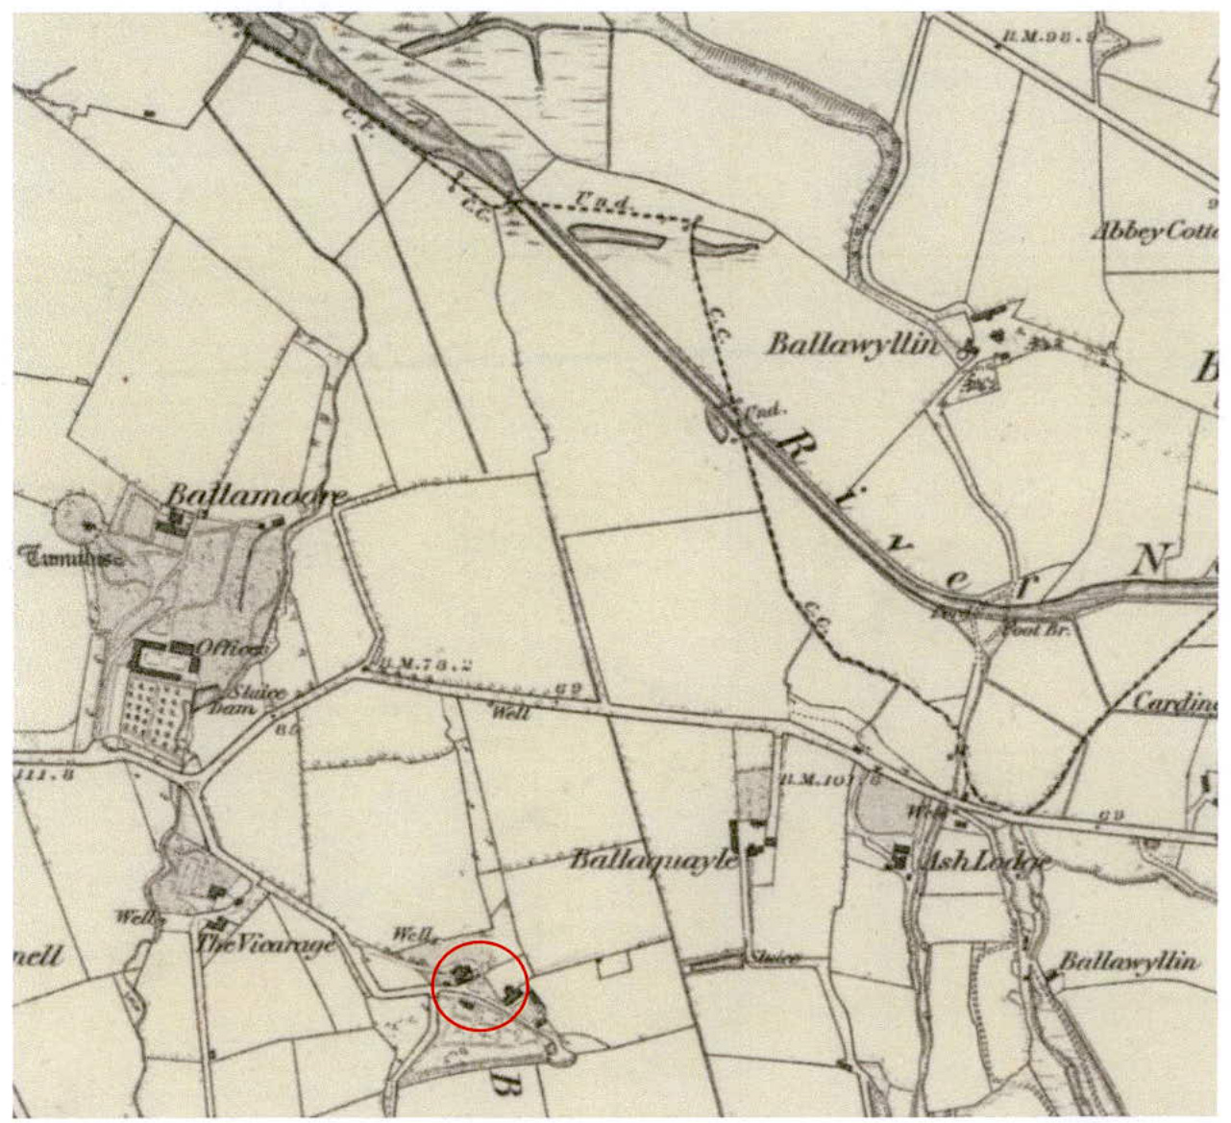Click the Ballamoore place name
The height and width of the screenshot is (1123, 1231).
(x=257, y=496)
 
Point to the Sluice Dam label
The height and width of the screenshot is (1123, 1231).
(x=252, y=699)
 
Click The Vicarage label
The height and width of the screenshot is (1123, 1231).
(x=266, y=943)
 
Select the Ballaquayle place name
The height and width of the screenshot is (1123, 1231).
(x=654, y=858)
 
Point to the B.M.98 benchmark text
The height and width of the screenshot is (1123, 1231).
(x=1047, y=37)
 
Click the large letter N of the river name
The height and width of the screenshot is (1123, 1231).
(x=1147, y=560)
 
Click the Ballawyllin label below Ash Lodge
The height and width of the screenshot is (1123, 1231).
(x=1128, y=962)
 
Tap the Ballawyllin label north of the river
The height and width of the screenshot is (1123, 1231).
(x=851, y=344)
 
